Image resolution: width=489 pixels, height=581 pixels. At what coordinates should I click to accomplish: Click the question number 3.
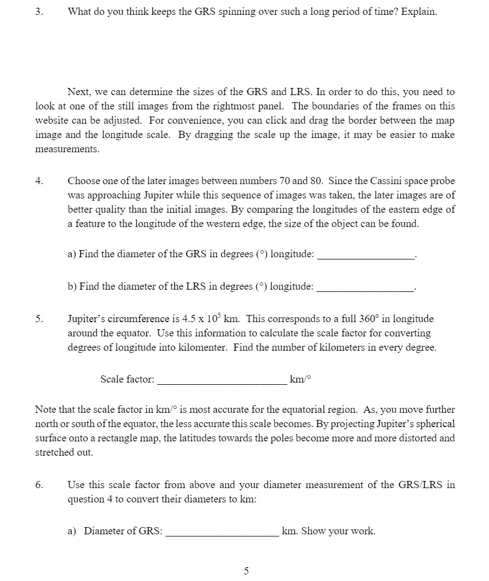[x=38, y=12]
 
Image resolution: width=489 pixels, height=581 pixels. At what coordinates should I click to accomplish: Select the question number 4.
[x=38, y=181]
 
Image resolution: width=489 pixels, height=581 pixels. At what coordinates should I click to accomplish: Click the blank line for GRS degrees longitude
[x=365, y=254]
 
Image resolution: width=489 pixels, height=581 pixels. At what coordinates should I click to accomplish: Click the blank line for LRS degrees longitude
[x=365, y=287]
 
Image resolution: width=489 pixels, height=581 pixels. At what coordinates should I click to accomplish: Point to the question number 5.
[x=38, y=319]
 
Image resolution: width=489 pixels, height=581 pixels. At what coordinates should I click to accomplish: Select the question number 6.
[x=38, y=485]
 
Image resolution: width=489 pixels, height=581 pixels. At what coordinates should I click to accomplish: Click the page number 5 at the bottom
[x=246, y=571]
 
